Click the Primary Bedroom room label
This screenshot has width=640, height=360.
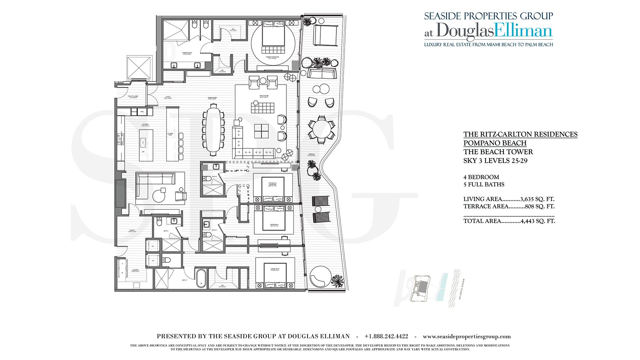[272, 57]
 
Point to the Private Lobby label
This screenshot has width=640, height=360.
[133, 97]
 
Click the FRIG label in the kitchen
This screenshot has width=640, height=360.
[142, 112]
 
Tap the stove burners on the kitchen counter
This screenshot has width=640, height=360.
[120, 139]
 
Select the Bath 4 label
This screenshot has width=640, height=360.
[214, 176]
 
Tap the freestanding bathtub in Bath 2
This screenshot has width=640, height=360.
[201, 278]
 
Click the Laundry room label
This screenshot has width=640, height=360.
[135, 271]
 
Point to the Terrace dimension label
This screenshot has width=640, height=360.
[311, 155]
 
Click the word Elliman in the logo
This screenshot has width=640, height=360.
[523, 31]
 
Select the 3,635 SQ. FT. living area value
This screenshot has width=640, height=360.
[537, 199]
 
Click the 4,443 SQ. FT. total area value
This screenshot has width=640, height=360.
[538, 221]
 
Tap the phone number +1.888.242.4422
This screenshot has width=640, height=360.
[386, 336]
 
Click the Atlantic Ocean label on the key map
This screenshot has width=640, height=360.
[462, 289]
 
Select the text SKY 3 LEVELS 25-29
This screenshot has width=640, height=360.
[495, 161]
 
